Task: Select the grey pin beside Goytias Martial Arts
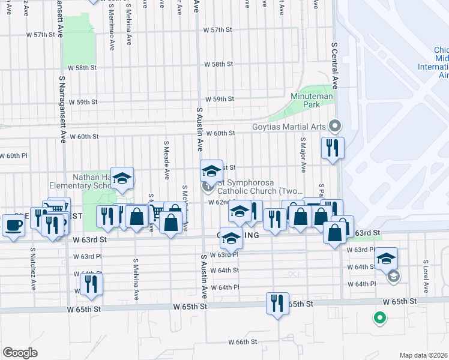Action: pyautogui.click(x=335, y=126)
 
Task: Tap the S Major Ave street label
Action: pyautogui.click(x=303, y=155)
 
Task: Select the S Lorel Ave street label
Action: pyautogui.click(x=425, y=276)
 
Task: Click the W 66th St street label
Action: pyautogui.click(x=243, y=341)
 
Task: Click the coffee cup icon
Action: pyautogui.click(x=13, y=225)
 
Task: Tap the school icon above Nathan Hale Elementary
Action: pyautogui.click(x=122, y=178)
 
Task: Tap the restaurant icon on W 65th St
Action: pyautogui.click(x=277, y=303)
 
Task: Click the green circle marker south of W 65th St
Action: pyautogui.click(x=379, y=318)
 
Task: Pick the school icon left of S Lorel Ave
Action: pyautogui.click(x=386, y=259)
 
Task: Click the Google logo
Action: pyautogui.click(x=20, y=352)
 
